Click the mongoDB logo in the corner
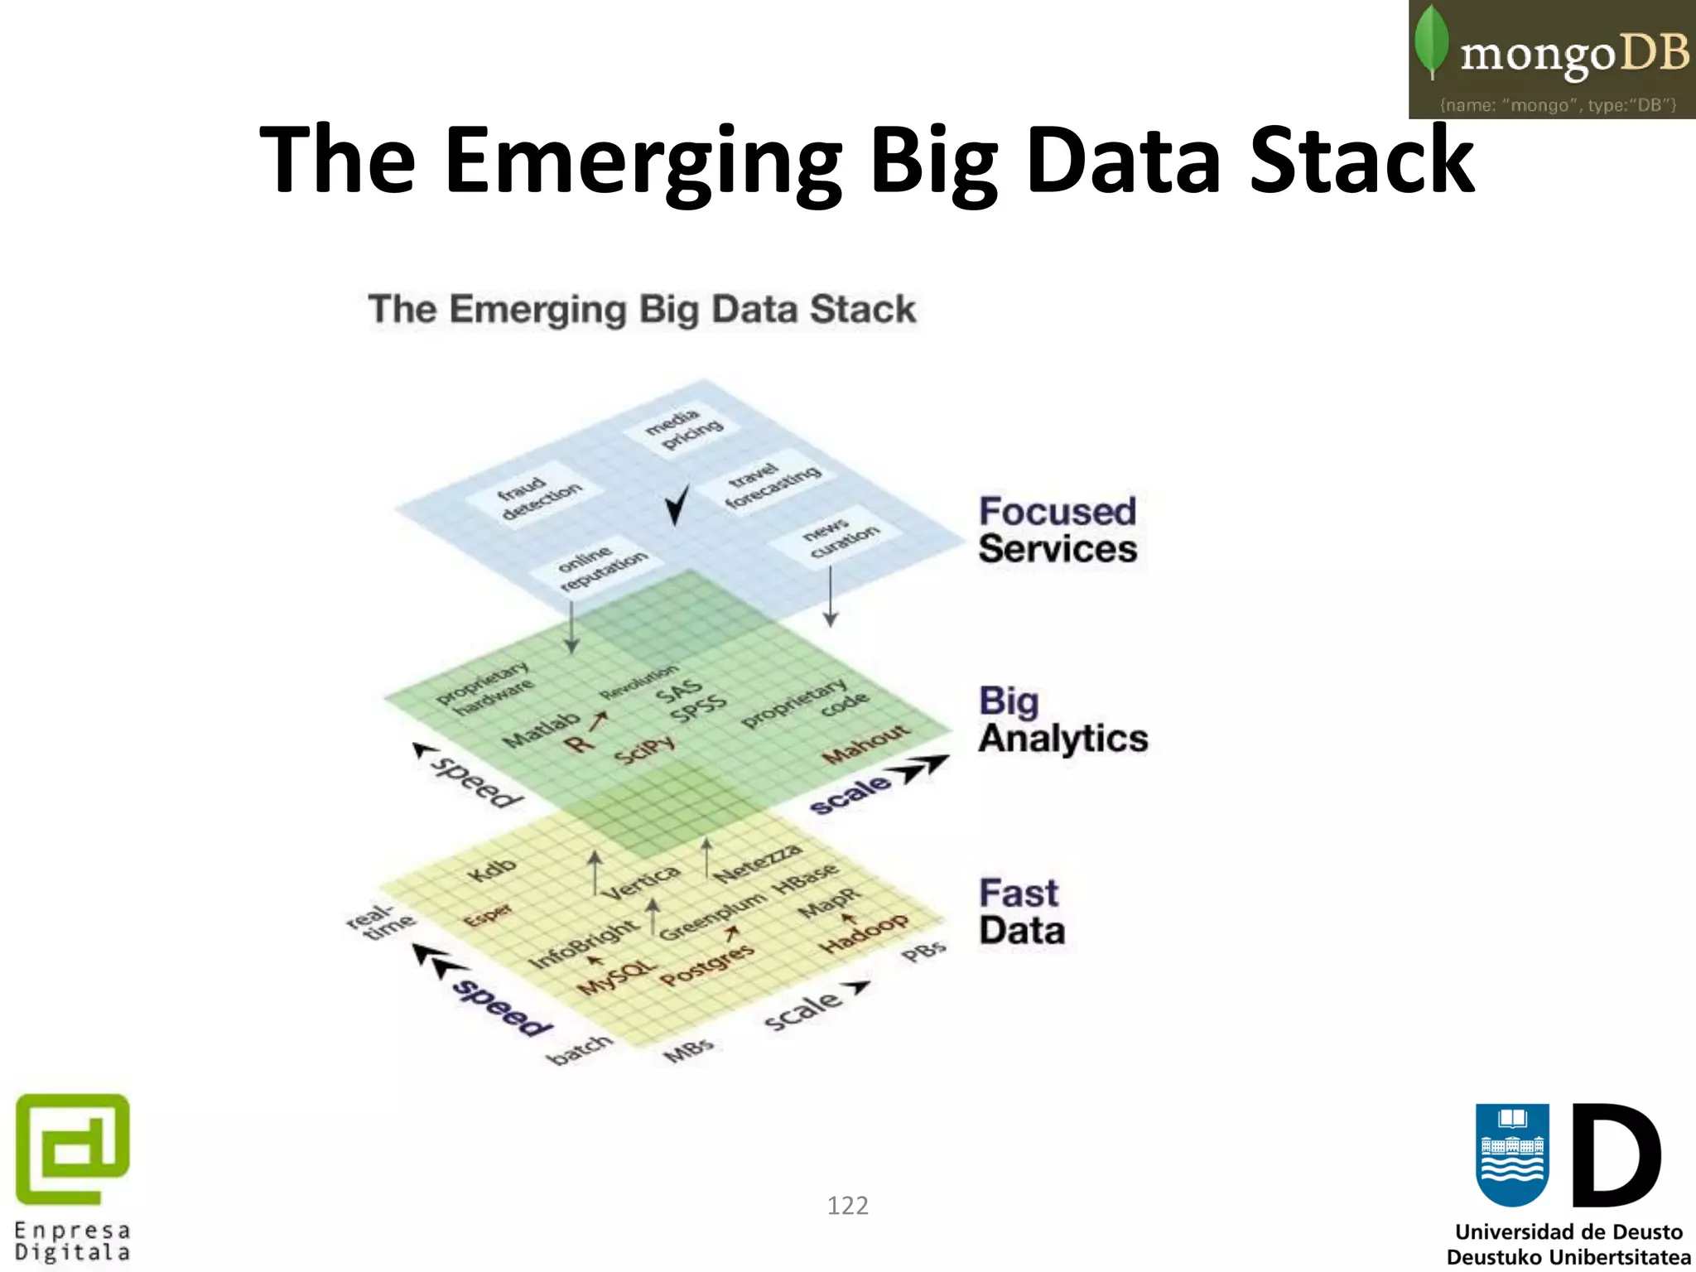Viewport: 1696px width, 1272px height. [1552, 59]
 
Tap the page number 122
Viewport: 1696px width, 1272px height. [847, 1205]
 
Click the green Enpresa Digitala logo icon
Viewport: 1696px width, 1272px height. [73, 1149]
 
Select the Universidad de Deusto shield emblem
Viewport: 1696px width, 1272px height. [1512, 1154]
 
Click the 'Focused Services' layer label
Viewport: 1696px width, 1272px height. [1058, 530]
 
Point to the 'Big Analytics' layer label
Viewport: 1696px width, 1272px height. [1062, 720]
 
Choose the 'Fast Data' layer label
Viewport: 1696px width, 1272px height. [1022, 912]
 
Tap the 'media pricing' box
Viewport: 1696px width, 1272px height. [683, 428]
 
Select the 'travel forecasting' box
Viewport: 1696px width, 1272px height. [772, 484]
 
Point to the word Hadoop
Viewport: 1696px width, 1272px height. [863, 934]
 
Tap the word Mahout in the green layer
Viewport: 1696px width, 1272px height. [866, 744]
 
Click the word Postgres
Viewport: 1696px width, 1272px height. [706, 966]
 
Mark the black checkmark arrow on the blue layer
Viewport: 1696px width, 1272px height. [677, 503]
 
